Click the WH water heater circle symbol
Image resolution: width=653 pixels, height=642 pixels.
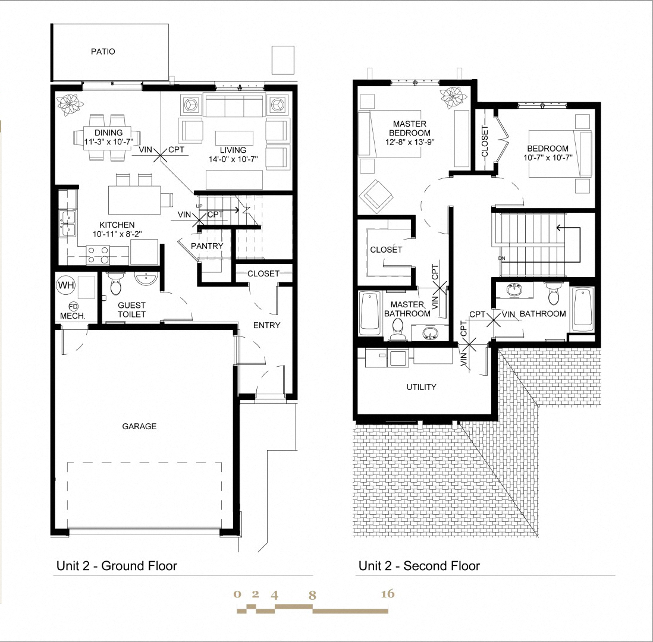[x=65, y=285]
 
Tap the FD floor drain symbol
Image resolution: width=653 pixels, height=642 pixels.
[x=65, y=306]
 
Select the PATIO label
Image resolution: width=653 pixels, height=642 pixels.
[x=103, y=52]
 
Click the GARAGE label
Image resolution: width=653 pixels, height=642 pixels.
[x=139, y=426]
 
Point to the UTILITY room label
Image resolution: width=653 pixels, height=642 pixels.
[x=421, y=387]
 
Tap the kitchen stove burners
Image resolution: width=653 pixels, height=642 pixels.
[x=98, y=255]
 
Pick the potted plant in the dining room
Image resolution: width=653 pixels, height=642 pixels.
[x=70, y=102]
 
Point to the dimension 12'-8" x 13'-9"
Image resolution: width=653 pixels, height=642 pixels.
[x=409, y=143]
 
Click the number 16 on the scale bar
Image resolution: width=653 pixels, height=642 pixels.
[x=387, y=594]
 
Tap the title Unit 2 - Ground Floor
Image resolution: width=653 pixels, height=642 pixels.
[x=117, y=566]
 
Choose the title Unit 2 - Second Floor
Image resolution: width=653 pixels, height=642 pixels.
[x=419, y=566]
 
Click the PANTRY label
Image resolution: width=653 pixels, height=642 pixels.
[x=207, y=246]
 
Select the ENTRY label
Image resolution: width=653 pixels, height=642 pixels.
[x=266, y=325]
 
